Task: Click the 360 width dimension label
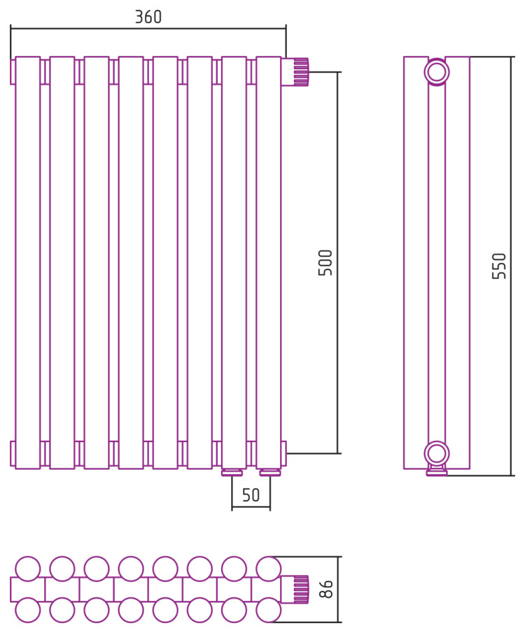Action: click(148, 17)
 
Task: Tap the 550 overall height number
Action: click(499, 266)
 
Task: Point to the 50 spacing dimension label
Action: click(251, 495)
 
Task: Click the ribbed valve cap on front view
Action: click(300, 72)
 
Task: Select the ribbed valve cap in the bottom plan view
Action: click(300, 589)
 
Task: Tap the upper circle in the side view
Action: click(437, 72)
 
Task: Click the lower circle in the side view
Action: click(437, 453)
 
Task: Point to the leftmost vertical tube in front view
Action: click(28, 262)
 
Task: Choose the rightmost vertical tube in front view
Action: click(269, 262)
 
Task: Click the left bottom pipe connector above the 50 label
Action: click(232, 473)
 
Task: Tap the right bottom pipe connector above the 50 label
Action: click(270, 473)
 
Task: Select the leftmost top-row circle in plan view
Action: click(28, 569)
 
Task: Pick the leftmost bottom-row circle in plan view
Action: click(28, 611)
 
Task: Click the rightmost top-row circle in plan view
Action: click(269, 569)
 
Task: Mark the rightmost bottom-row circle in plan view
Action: click(269, 611)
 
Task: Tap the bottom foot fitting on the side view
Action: click(437, 473)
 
